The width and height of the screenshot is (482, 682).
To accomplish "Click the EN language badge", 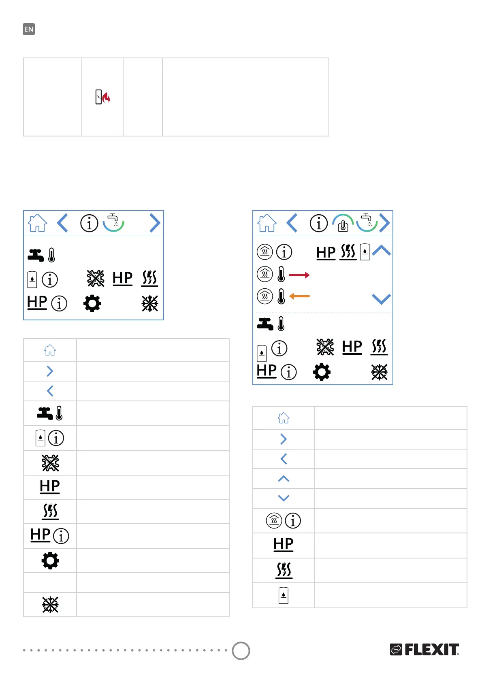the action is pyautogui.click(x=29, y=29).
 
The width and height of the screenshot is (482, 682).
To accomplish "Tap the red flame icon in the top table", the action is pyautogui.click(x=106, y=98).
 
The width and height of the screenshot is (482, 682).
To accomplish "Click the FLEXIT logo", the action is pyautogui.click(x=424, y=649).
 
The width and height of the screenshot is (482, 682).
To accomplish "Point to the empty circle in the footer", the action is pyautogui.click(x=241, y=650).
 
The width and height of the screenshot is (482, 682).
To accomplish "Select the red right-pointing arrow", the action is pyautogui.click(x=299, y=275).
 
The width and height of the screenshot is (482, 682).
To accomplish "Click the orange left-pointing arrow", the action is pyautogui.click(x=300, y=296).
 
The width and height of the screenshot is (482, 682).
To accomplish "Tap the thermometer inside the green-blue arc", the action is pyautogui.click(x=343, y=225).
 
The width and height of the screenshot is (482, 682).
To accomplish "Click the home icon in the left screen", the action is pyautogui.click(x=37, y=223).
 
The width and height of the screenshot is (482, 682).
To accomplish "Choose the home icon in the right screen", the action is pyautogui.click(x=267, y=223).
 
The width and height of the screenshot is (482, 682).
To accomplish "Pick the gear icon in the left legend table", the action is pyautogui.click(x=50, y=561).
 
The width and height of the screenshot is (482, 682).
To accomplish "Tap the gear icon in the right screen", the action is pyautogui.click(x=322, y=372).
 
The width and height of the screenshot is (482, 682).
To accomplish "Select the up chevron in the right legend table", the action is pyautogui.click(x=284, y=479).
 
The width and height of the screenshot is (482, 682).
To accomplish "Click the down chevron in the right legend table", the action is pyautogui.click(x=284, y=498).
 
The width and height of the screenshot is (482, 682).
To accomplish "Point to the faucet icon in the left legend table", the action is pyautogui.click(x=45, y=413).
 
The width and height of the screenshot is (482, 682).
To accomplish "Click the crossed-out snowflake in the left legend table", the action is pyautogui.click(x=50, y=463).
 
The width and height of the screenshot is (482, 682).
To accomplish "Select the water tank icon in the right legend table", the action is pyautogui.click(x=284, y=595).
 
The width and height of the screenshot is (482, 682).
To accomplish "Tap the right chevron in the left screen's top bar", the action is pyautogui.click(x=155, y=223).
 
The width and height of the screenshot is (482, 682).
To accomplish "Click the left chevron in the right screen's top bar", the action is pyautogui.click(x=292, y=223).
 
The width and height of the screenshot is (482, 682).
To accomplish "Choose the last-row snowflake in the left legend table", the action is pyautogui.click(x=50, y=605).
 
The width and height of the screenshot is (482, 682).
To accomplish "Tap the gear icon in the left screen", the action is pyautogui.click(x=92, y=303).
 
